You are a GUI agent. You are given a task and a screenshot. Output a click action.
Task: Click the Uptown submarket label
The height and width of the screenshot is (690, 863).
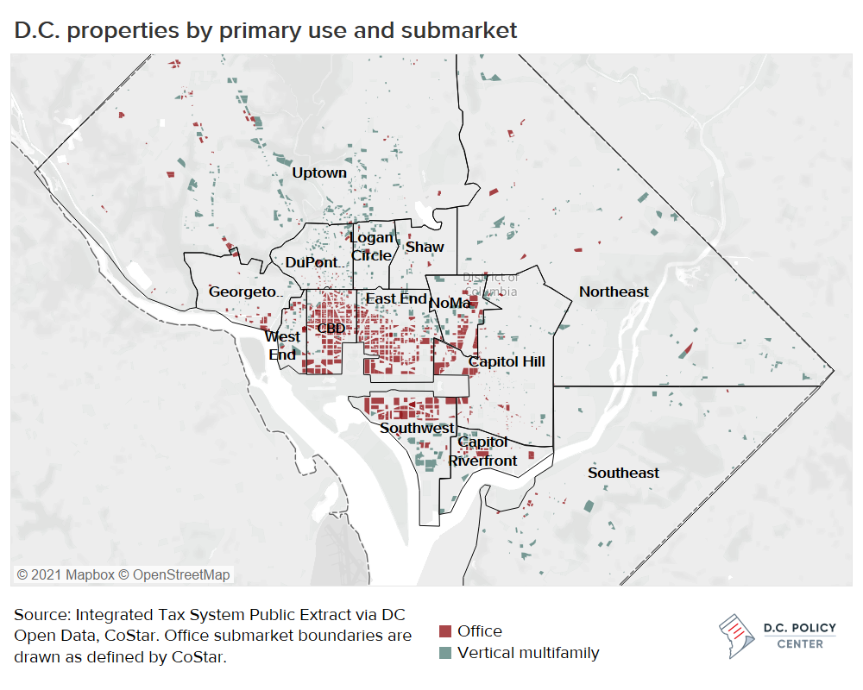319,172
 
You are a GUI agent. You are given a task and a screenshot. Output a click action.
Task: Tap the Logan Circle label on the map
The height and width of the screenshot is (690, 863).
372,247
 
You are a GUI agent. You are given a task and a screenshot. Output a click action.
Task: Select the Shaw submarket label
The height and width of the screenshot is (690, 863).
425,247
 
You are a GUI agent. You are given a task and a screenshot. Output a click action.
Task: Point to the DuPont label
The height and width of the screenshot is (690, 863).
312,262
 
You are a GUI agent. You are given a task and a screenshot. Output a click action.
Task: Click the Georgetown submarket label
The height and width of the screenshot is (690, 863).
243,292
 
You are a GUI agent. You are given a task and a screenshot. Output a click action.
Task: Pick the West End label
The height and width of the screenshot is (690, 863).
282,345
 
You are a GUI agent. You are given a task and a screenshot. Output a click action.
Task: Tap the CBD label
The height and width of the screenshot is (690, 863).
331,329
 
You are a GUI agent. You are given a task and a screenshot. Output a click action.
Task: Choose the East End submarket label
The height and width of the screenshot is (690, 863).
396,298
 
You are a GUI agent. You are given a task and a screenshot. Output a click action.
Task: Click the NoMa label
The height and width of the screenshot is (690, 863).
450,303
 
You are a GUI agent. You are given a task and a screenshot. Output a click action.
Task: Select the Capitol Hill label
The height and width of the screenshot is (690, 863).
507,361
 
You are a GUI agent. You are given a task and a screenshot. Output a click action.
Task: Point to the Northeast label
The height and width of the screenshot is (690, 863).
614,292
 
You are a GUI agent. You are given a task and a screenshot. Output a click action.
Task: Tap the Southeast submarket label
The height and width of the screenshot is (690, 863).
623,473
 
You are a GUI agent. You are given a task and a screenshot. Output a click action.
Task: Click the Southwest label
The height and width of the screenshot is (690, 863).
417,428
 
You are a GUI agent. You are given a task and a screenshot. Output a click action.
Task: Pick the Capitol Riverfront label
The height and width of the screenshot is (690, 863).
483,451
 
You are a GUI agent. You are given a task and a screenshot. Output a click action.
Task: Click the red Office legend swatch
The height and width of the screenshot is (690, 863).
445,631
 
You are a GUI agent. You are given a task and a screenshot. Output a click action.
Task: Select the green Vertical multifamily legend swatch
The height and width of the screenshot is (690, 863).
445,653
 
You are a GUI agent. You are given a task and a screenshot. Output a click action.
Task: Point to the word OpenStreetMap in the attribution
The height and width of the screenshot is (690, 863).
181,574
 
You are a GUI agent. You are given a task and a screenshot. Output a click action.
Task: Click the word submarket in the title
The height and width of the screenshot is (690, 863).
463,30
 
